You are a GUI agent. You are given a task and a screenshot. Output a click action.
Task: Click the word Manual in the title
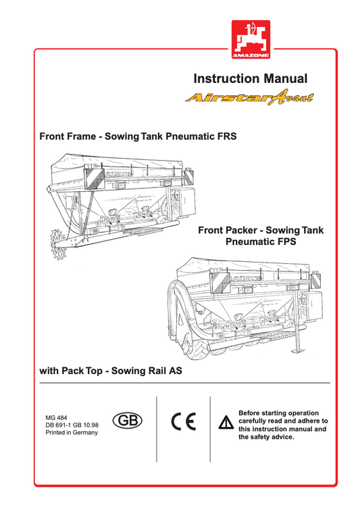point(282,79)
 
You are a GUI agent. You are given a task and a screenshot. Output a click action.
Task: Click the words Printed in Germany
point(71,433)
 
